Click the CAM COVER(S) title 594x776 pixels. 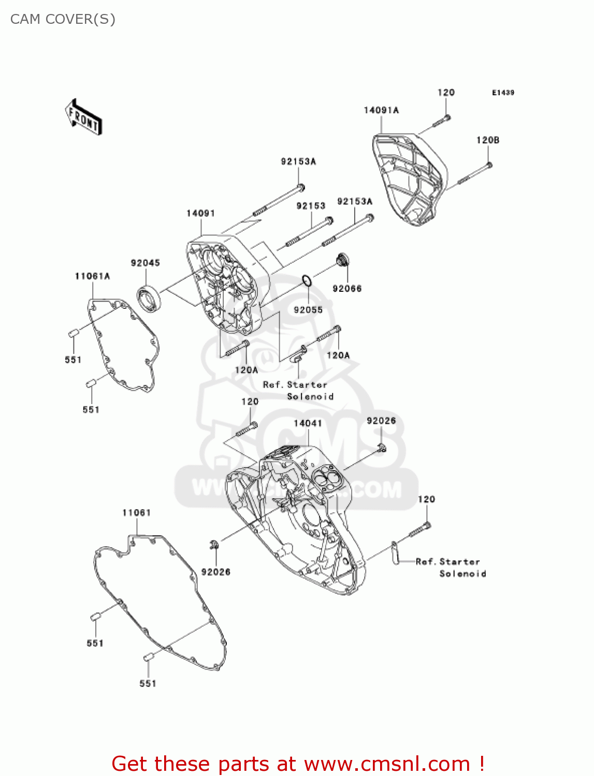(x=63, y=19)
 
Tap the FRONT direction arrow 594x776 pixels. (x=83, y=117)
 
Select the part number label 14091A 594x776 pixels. (x=381, y=110)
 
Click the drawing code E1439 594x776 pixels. (x=503, y=93)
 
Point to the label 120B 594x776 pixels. (x=487, y=140)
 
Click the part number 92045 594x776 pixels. (x=145, y=263)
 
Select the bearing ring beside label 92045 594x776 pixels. (x=149, y=299)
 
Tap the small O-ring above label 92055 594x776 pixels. (x=307, y=281)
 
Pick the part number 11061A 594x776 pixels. (x=92, y=276)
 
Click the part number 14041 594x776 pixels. (x=308, y=423)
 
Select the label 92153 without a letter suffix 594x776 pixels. (x=311, y=206)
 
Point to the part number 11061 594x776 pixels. (x=136, y=513)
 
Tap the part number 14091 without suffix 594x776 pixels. (x=200, y=213)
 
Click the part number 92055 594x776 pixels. (x=308, y=310)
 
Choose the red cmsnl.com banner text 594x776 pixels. (x=298, y=764)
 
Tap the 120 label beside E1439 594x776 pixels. (x=446, y=93)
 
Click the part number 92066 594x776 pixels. (x=347, y=289)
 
